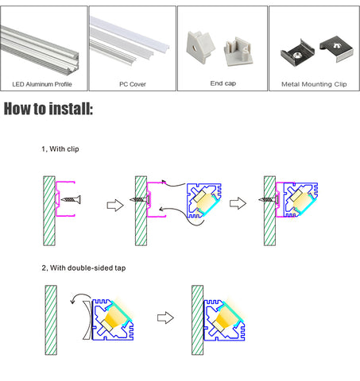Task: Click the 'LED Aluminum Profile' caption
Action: point(42,84)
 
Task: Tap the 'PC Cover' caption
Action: point(133,84)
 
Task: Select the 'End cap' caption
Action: point(223,83)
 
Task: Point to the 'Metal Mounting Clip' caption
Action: point(314,84)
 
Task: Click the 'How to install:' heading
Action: point(48,109)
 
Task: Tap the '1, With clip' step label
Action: point(60,149)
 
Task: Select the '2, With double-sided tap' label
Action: point(83,267)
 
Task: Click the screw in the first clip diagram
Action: point(71,199)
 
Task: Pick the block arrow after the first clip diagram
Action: point(115,205)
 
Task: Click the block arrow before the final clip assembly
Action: point(238,203)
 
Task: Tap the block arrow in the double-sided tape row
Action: point(165,317)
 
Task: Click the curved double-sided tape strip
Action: point(88,320)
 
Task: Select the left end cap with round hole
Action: point(200,47)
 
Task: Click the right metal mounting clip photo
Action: point(336,48)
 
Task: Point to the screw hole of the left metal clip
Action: point(296,55)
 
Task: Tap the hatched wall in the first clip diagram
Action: point(49,211)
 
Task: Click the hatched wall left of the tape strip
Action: point(51,320)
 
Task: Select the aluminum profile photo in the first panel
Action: point(40,51)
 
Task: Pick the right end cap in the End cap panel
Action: point(238,52)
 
